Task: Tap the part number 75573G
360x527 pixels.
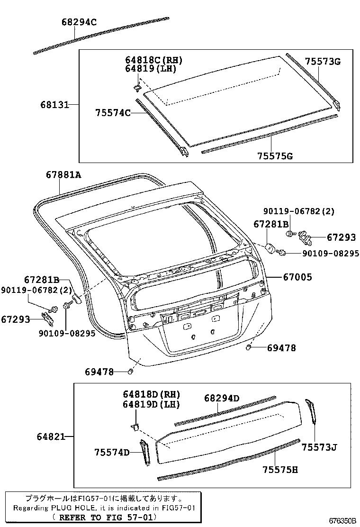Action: [x=323, y=62]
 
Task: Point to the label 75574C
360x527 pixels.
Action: [x=112, y=112]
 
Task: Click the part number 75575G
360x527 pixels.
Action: [x=275, y=156]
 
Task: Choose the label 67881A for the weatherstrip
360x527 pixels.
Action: [x=63, y=175]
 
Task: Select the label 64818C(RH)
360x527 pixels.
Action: [x=153, y=60]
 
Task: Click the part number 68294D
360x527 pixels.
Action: [x=222, y=399]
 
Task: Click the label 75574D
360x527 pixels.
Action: [x=112, y=452]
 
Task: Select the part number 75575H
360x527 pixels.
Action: [x=280, y=469]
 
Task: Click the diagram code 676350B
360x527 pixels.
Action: [x=343, y=520]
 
